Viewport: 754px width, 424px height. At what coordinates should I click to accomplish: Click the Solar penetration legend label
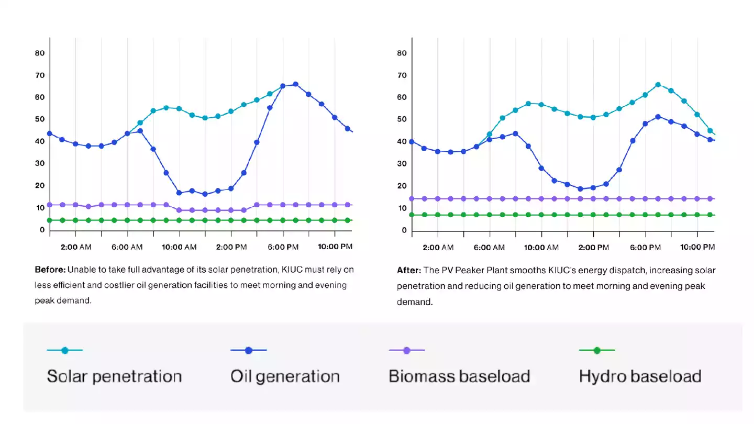pyautogui.click(x=114, y=376)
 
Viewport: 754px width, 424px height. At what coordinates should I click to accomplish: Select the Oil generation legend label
pyautogui.click(x=285, y=376)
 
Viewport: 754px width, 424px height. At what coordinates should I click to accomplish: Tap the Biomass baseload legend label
pyautogui.click(x=459, y=376)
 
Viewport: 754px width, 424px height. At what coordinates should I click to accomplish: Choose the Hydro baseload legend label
pyautogui.click(x=640, y=376)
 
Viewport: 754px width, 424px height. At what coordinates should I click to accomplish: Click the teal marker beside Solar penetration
pyautogui.click(x=64, y=350)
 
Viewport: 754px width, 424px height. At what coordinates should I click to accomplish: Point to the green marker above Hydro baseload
pyautogui.click(x=596, y=350)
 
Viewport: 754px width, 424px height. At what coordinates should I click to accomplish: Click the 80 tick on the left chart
pyautogui.click(x=40, y=53)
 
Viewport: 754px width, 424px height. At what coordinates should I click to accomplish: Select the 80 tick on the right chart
pyautogui.click(x=402, y=53)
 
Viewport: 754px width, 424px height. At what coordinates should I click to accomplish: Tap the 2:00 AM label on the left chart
pyautogui.click(x=76, y=247)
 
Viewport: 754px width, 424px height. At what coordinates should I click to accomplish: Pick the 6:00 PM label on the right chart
pyautogui.click(x=645, y=247)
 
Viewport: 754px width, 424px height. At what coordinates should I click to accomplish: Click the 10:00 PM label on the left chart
pyautogui.click(x=335, y=247)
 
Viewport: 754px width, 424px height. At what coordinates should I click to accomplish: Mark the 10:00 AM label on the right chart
pyautogui.click(x=541, y=247)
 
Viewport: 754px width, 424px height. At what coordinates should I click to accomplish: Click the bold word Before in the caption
pyautogui.click(x=50, y=270)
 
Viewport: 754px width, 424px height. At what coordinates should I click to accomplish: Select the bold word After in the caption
pyautogui.click(x=409, y=271)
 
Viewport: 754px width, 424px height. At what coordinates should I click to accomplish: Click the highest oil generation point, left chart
pyautogui.click(x=295, y=84)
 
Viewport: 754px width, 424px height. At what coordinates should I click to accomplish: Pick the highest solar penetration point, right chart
pyautogui.click(x=658, y=85)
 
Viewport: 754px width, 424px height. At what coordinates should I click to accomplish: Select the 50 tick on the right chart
pyautogui.click(x=402, y=119)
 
